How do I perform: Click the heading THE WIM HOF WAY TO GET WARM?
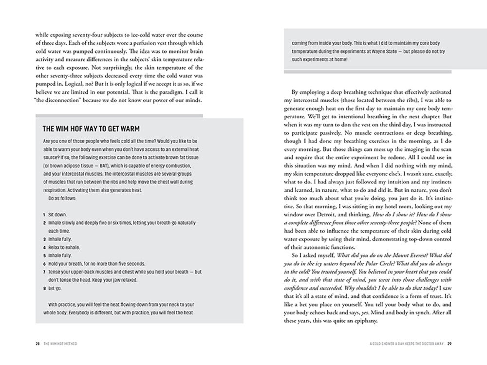[91, 129]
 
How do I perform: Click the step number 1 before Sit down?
[44, 214]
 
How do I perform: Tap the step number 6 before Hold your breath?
[44, 264]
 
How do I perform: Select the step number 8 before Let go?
[44, 289]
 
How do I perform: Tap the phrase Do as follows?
[64, 199]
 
